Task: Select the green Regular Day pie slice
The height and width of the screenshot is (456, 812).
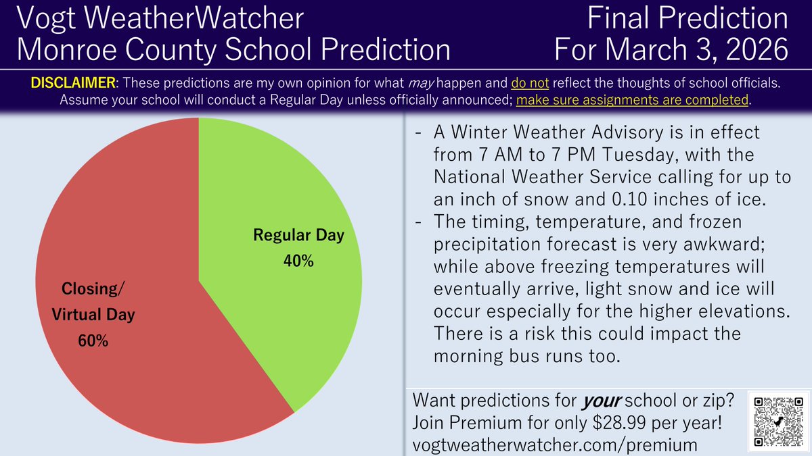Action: pyautogui.click(x=284, y=203)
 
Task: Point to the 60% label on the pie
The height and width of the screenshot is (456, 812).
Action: pyautogui.click(x=93, y=341)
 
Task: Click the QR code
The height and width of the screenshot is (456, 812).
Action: pyautogui.click(x=779, y=421)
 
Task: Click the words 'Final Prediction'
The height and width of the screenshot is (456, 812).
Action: pyautogui.click(x=687, y=20)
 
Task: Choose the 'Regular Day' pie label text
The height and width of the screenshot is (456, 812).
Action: pyautogui.click(x=298, y=236)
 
